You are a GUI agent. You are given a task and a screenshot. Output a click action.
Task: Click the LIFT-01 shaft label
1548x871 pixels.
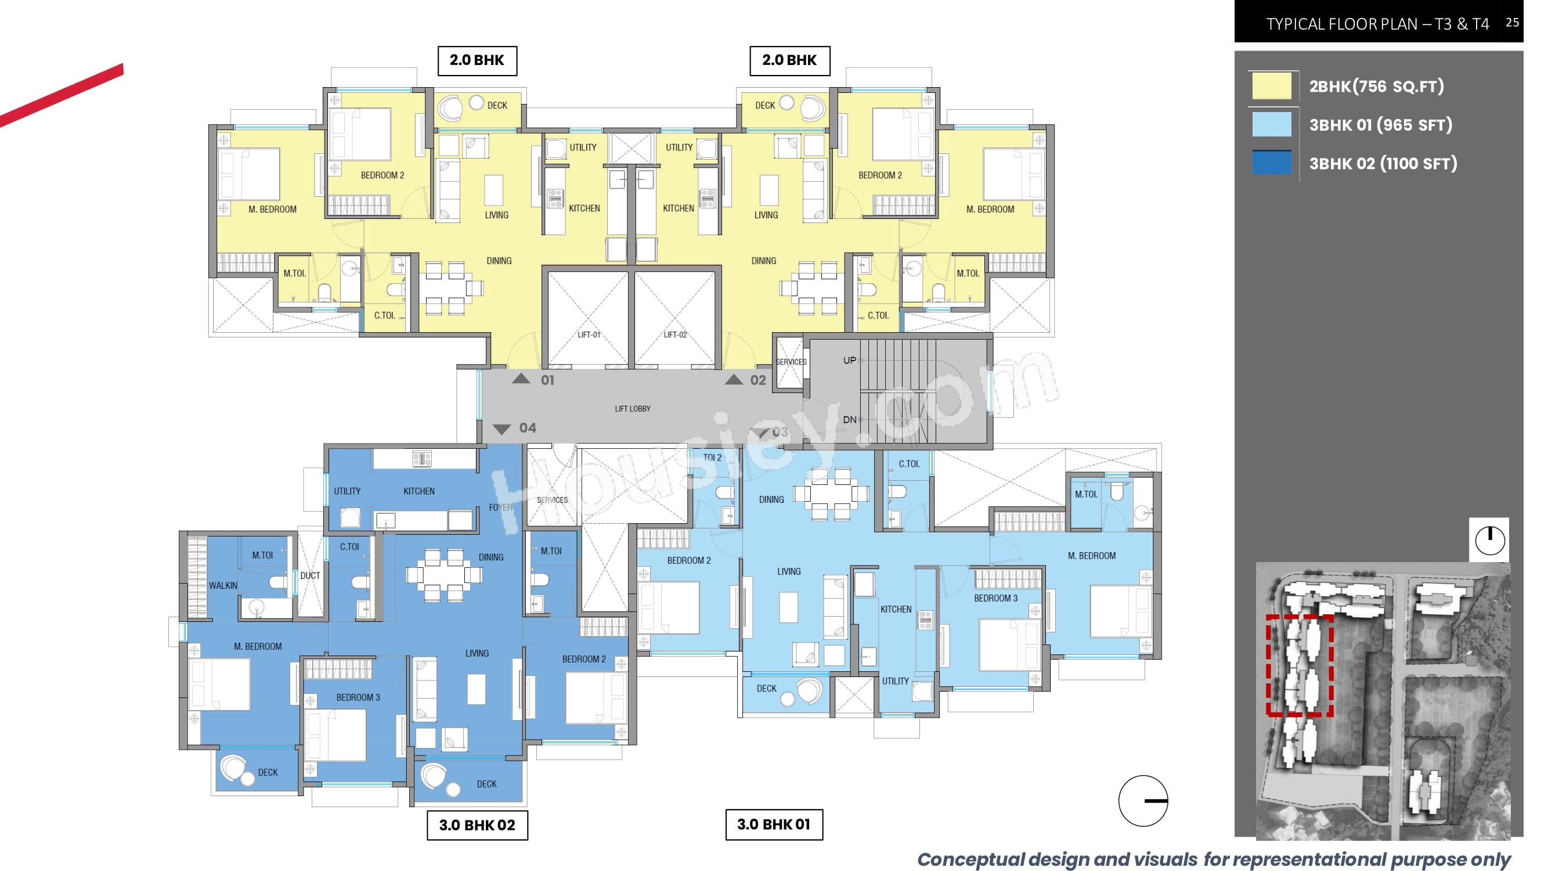[589, 335]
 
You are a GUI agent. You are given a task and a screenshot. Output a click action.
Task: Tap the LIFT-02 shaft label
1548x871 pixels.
[675, 335]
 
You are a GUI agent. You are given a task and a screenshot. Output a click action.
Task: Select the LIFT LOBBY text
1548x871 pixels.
[632, 409]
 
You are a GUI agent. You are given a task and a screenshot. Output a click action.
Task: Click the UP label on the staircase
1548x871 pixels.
[849, 360]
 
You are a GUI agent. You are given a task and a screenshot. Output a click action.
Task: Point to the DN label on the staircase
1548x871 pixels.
[849, 420]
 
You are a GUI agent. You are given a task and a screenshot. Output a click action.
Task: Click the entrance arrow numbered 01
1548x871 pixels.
[521, 379]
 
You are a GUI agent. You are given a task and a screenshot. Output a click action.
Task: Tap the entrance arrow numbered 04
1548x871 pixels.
[501, 429]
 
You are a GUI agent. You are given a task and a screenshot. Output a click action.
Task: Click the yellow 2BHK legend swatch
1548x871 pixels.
[1271, 86]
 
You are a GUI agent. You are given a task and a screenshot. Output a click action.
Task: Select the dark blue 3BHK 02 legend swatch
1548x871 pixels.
[1271, 163]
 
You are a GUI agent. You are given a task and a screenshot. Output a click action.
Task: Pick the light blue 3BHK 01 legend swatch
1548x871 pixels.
[1271, 124]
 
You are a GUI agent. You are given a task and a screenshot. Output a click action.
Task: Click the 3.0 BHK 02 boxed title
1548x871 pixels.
[477, 825]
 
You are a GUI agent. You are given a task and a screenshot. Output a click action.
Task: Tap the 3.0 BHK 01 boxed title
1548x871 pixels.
[774, 824]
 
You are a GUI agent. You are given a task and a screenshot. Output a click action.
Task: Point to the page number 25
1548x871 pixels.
[1512, 22]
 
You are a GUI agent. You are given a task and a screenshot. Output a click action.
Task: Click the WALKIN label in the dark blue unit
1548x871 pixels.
[223, 585]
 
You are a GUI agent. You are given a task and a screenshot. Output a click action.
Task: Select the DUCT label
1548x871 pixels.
[310, 575]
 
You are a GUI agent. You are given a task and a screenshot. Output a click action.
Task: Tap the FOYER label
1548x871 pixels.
[500, 508]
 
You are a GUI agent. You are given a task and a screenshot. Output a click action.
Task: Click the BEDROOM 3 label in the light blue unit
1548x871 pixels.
[996, 598]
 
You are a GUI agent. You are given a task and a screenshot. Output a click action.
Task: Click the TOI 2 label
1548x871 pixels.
[712, 458]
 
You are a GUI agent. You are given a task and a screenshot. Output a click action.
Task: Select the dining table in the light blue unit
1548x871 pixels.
[831, 494]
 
